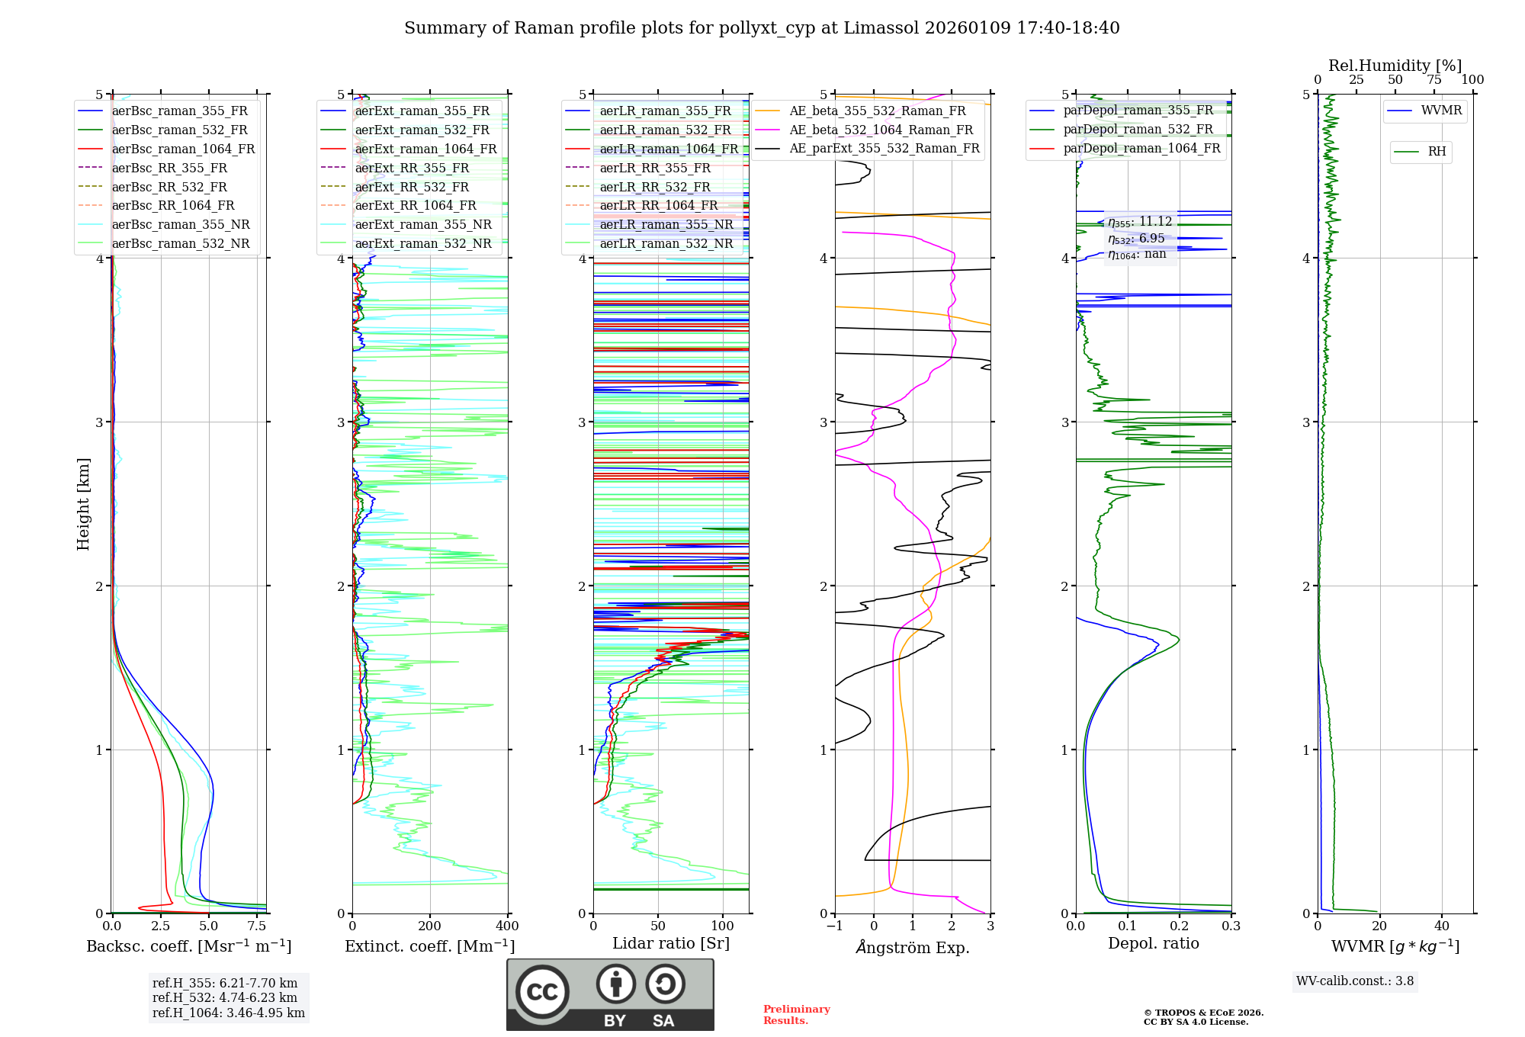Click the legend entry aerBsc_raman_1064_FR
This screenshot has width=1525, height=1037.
click(x=183, y=149)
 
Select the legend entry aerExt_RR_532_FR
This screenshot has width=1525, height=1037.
click(x=412, y=187)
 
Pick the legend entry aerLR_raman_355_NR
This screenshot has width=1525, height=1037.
click(x=666, y=224)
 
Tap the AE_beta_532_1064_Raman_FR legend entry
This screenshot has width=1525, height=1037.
click(x=881, y=130)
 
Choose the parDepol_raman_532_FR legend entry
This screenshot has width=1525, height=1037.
click(x=1138, y=129)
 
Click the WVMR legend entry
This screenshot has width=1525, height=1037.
click(x=1441, y=111)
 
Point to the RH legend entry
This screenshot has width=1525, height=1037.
click(x=1437, y=152)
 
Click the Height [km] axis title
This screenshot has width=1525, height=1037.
click(x=83, y=504)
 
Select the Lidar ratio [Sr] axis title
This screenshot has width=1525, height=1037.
click(x=671, y=943)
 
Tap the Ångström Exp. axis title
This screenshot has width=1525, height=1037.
click(x=913, y=947)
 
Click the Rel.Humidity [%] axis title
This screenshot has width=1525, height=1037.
click(x=1395, y=66)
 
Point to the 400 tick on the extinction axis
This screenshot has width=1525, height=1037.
click(x=508, y=926)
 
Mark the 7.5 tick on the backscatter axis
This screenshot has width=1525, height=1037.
click(x=257, y=926)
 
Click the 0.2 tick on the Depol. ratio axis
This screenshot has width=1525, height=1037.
click(x=1180, y=926)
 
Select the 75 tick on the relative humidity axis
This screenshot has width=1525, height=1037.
click(x=1433, y=80)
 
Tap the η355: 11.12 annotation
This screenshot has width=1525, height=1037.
click(x=1140, y=222)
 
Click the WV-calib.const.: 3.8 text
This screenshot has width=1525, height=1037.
click(x=1355, y=981)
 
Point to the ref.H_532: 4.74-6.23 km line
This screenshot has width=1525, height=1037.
click(x=225, y=997)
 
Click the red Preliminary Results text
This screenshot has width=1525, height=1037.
click(x=796, y=1014)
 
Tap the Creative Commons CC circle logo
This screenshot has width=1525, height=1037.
click(x=542, y=991)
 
